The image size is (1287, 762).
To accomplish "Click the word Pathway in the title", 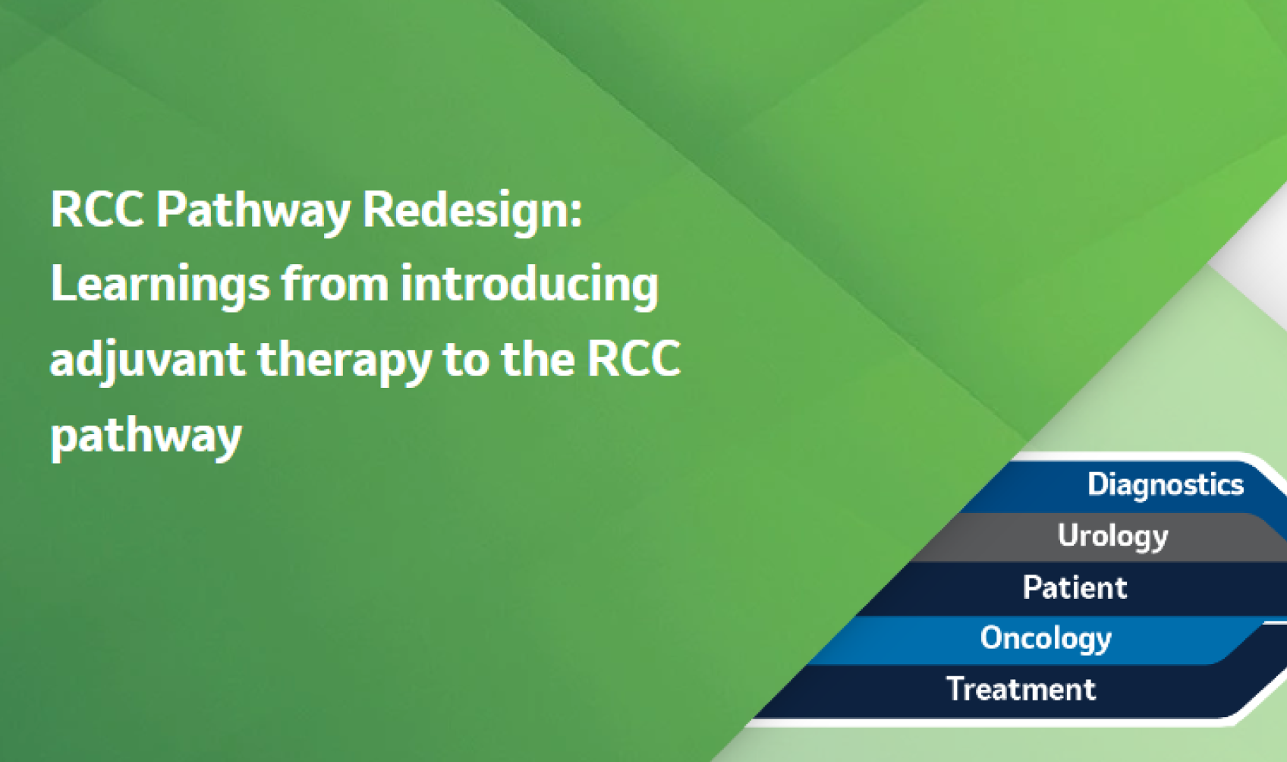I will pos(253,210).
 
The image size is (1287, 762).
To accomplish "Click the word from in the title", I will pos(335,284).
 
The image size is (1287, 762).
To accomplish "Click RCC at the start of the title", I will pos(97,210).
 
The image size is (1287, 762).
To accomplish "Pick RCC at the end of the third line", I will pos(634,359).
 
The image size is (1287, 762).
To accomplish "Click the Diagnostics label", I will pos(1165,484).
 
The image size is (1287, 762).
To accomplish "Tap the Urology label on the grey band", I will pos(1112,536).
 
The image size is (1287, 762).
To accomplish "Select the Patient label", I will pos(1075,587).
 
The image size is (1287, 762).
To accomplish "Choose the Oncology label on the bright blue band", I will pos(1046,638).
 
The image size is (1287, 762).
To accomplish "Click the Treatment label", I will pos(1021,689).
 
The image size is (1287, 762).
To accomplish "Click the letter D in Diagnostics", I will pos(1097,484).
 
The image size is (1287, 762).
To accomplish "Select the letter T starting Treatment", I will pos(955,689).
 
